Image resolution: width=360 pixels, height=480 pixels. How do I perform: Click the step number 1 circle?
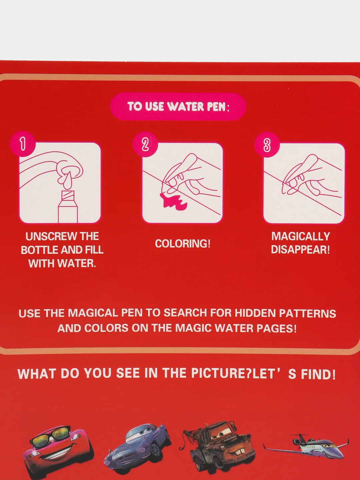pos(23,144)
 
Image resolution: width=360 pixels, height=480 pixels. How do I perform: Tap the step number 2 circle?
pos(145,144)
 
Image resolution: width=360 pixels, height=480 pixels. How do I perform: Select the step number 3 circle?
pos(267,145)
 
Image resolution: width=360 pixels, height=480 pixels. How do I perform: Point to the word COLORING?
pos(183,244)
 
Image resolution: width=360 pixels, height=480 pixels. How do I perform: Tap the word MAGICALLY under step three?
pos(301,236)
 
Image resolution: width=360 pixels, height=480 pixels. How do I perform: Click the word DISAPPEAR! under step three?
pos(300,250)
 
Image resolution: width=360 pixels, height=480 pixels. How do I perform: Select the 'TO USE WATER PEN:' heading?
pos(178,106)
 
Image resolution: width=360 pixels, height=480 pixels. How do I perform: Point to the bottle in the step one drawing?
pos(68,207)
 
